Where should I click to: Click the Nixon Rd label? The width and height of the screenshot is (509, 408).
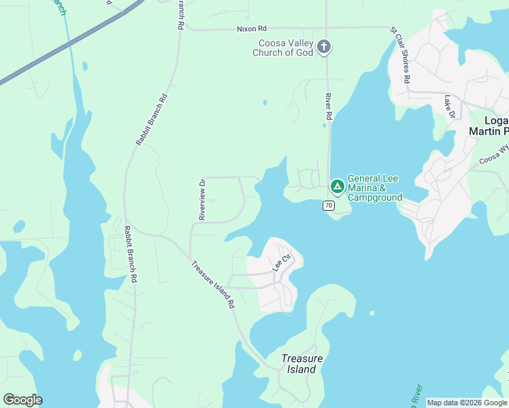(x=252, y=29)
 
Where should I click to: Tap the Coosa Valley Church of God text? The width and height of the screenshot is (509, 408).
(x=282, y=48)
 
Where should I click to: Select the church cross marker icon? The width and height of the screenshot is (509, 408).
(x=324, y=47)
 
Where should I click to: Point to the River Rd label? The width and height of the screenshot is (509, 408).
(x=327, y=107)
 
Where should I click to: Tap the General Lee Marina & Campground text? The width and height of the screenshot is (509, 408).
(x=375, y=188)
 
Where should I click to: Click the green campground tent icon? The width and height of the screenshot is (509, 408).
(x=337, y=186)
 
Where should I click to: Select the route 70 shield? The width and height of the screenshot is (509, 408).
(x=329, y=205)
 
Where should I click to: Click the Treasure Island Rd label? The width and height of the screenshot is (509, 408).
(x=212, y=285)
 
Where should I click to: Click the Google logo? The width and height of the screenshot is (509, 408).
(x=22, y=400)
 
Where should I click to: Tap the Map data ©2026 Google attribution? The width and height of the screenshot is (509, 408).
(x=467, y=403)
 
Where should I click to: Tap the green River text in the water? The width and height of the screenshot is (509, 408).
(x=414, y=395)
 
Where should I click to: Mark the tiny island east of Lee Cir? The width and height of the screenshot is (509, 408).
(x=372, y=313)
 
